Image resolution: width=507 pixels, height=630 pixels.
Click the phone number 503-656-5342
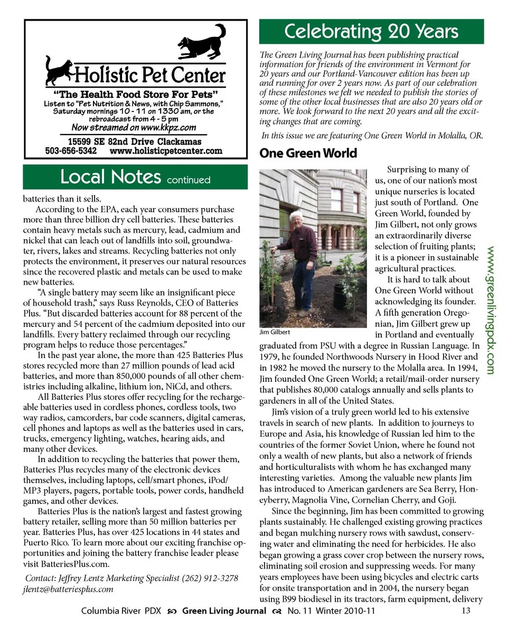click(71, 151)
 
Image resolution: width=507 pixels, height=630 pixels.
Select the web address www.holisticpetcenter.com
click(166, 151)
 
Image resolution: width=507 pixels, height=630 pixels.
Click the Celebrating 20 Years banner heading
click(371, 32)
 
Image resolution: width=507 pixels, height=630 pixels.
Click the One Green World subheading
click(308, 154)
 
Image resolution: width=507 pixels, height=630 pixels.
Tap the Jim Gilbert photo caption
click(275, 333)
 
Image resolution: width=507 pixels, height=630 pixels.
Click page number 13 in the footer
click(465, 612)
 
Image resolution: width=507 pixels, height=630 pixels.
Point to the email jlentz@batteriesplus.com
click(68, 589)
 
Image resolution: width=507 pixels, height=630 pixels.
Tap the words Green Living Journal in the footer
click(224, 612)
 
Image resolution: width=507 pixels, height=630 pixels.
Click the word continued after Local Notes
click(189, 180)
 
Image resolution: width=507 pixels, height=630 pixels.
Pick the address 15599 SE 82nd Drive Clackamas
click(135, 141)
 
